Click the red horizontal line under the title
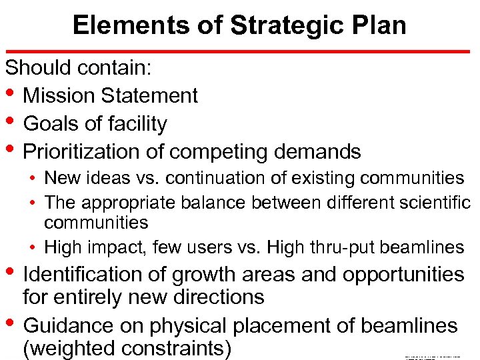point(240,51)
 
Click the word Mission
point(59,96)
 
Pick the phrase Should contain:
point(78,68)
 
